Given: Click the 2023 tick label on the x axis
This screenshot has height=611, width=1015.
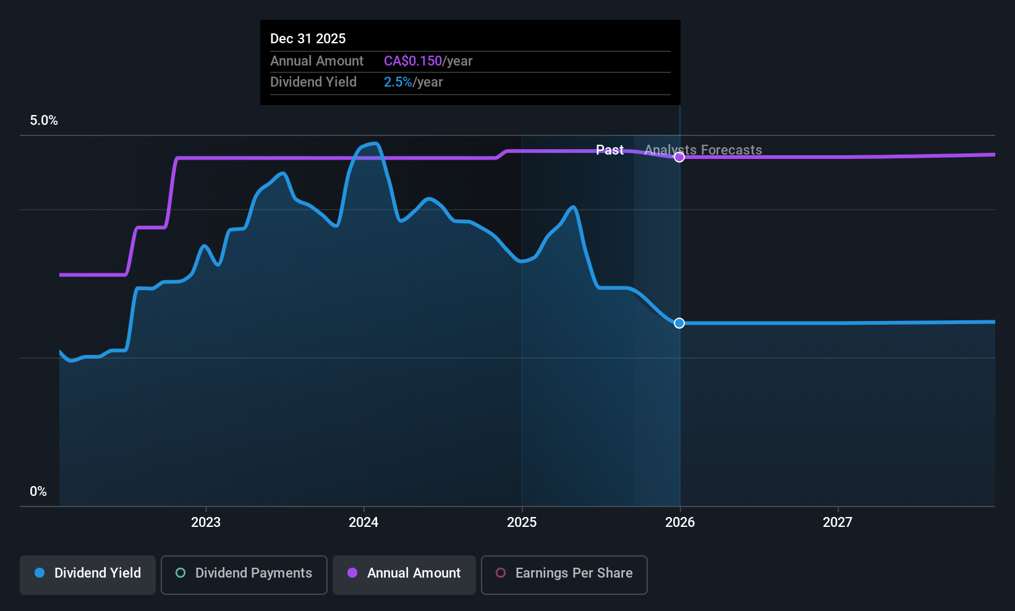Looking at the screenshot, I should point(205,523).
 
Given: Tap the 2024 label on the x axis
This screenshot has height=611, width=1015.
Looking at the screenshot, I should point(363,523).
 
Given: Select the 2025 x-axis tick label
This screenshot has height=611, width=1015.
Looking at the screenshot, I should point(522,523).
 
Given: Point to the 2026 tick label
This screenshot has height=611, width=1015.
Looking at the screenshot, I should point(679,523).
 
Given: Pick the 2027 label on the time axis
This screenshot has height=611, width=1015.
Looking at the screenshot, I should point(837,523).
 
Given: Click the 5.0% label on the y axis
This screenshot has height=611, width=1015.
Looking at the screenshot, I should point(44,121).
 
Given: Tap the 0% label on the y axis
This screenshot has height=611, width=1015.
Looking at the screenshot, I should point(38,492).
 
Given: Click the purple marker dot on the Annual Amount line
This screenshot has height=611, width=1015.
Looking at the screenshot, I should point(679,157).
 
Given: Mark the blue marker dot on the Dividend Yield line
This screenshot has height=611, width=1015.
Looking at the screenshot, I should point(679,323).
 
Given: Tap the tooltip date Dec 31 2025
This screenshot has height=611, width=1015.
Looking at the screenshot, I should point(308,39).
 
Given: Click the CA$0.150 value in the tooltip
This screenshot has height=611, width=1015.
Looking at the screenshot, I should point(413,61).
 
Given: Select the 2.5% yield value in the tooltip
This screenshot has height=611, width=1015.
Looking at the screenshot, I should point(397,82).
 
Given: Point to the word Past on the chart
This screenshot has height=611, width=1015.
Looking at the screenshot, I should point(609,150).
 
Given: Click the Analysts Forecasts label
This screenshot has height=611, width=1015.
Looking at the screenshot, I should point(703,150).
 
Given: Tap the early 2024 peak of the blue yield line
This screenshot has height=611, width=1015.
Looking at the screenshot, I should point(373,143).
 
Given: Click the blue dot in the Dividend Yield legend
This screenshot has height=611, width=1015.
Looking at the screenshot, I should point(40,573).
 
